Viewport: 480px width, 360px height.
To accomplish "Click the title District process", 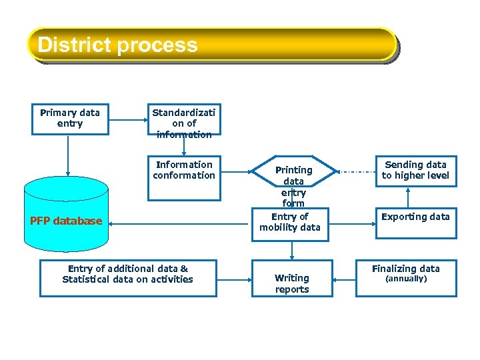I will point(117,45).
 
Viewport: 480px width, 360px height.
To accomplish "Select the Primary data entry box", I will point(70,119).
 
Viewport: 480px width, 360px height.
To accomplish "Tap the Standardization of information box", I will point(184,123).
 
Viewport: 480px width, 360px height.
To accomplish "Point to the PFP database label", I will point(66,221).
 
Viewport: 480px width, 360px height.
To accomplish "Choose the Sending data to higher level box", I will point(415,171).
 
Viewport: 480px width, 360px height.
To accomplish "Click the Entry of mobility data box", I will point(290,223).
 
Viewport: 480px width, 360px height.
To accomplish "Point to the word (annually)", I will point(406,279).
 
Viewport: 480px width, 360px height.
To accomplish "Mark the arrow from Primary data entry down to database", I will point(67,157).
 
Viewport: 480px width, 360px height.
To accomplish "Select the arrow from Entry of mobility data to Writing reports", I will point(292,249).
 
